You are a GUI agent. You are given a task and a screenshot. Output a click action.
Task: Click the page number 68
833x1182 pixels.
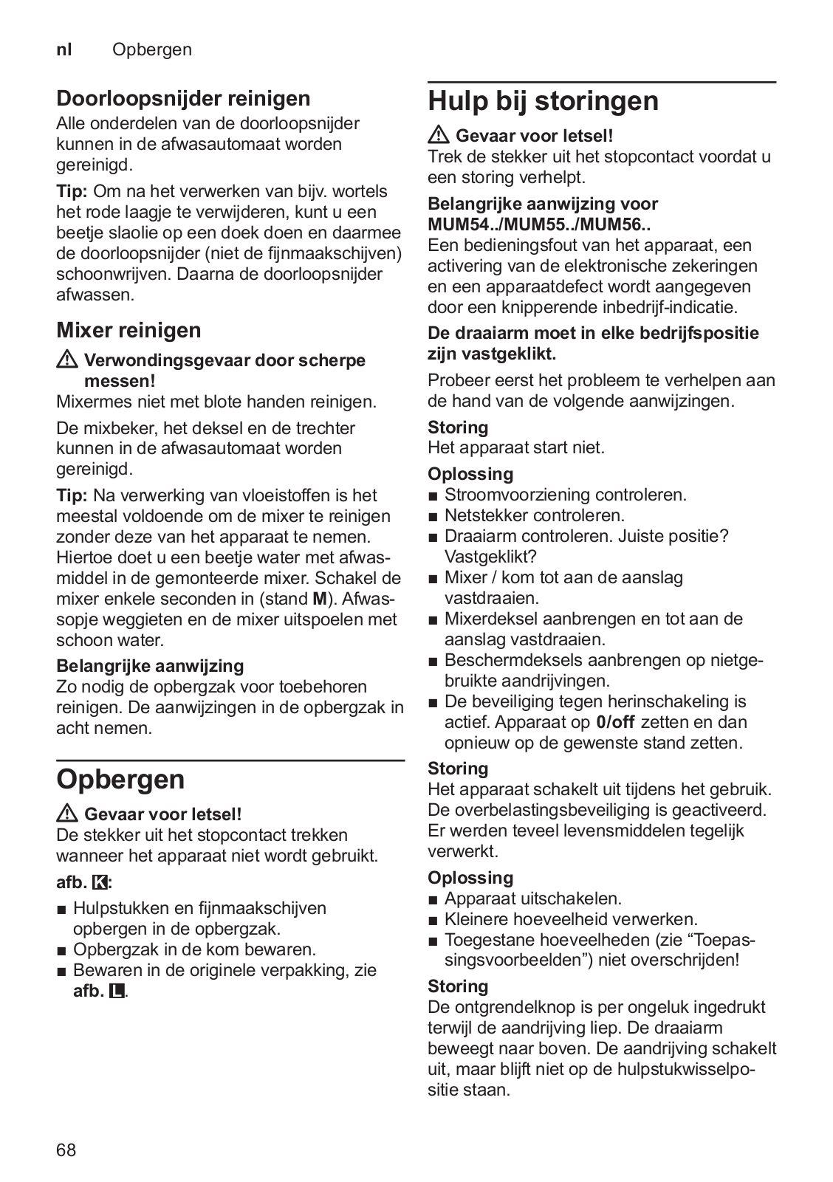(x=66, y=1150)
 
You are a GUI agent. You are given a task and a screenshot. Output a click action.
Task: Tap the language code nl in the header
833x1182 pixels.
(x=65, y=49)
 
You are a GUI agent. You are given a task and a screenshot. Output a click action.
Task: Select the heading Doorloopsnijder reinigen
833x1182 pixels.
(x=183, y=98)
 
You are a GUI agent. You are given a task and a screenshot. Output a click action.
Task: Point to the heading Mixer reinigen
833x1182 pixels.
(x=128, y=330)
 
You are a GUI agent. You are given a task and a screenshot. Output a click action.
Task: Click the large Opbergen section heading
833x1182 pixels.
(x=120, y=780)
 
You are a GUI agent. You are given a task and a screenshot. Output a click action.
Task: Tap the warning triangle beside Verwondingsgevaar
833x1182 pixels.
(x=68, y=361)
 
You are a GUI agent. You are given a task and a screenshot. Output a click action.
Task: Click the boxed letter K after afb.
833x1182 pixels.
(x=100, y=882)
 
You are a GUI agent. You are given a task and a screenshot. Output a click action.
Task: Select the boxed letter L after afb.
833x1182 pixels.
(x=117, y=991)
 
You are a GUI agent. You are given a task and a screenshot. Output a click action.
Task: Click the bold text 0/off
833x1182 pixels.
(x=614, y=722)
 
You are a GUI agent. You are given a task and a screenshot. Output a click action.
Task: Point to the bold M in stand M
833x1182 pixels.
(x=320, y=599)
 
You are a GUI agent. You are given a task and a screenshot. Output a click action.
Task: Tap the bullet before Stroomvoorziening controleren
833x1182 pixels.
(x=433, y=495)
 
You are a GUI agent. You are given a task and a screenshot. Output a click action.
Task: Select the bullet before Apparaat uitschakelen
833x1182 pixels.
(x=433, y=899)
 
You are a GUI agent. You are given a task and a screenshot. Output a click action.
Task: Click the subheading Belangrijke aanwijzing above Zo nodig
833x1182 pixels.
(x=150, y=666)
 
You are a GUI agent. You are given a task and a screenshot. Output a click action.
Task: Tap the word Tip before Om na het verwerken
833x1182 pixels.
(x=72, y=191)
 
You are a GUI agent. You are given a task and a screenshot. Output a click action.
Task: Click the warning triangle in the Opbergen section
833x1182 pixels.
(x=68, y=814)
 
